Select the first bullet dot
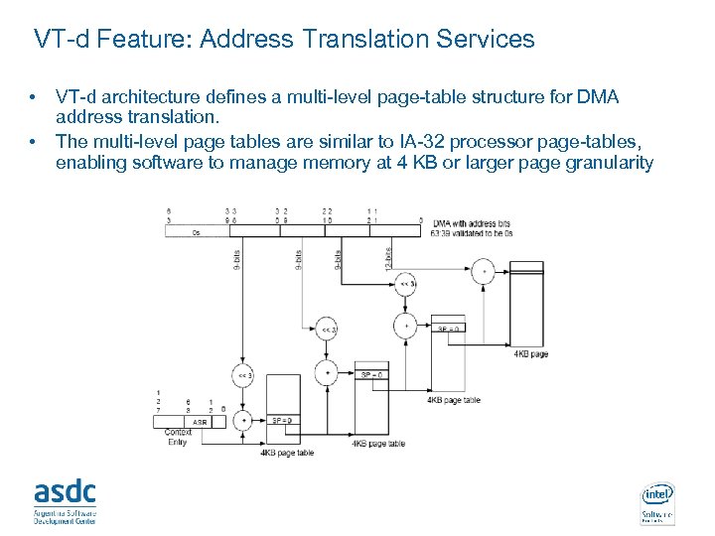[33, 97]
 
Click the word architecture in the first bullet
[150, 97]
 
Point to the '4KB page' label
[531, 354]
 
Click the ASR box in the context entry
[200, 421]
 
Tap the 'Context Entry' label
[179, 438]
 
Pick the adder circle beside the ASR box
[244, 421]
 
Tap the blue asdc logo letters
[66, 490]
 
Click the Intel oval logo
[657, 493]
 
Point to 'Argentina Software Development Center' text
[66, 514]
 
